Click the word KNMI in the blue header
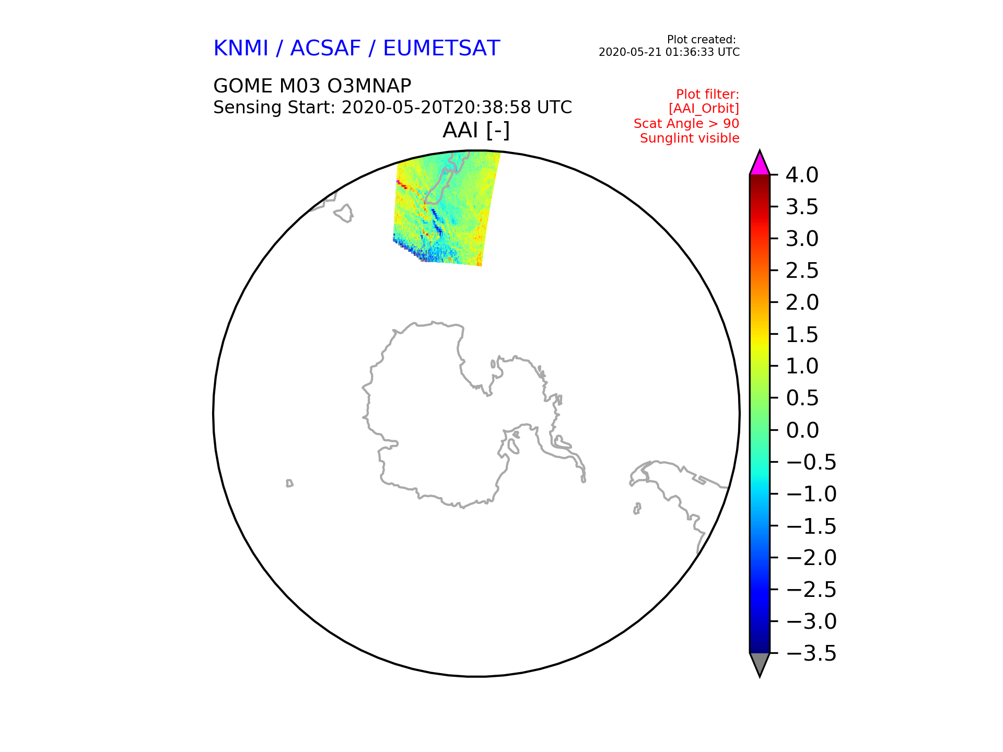coord(241,49)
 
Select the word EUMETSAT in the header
coord(441,49)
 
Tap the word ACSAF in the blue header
coord(325,49)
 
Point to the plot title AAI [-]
coord(476,130)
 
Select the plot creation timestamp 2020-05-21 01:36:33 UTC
coord(669,52)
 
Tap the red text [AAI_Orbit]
coord(704,109)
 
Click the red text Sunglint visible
coord(690,138)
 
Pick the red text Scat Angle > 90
coord(686,124)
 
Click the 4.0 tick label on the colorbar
coord(802,175)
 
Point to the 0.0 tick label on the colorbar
coord(802,430)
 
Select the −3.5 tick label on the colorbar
coord(811,653)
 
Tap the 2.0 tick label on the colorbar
coord(802,302)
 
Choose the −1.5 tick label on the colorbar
coord(811,526)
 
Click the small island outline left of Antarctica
coord(289,483)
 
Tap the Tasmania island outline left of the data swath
coord(344,213)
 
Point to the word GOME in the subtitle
coord(243,86)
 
